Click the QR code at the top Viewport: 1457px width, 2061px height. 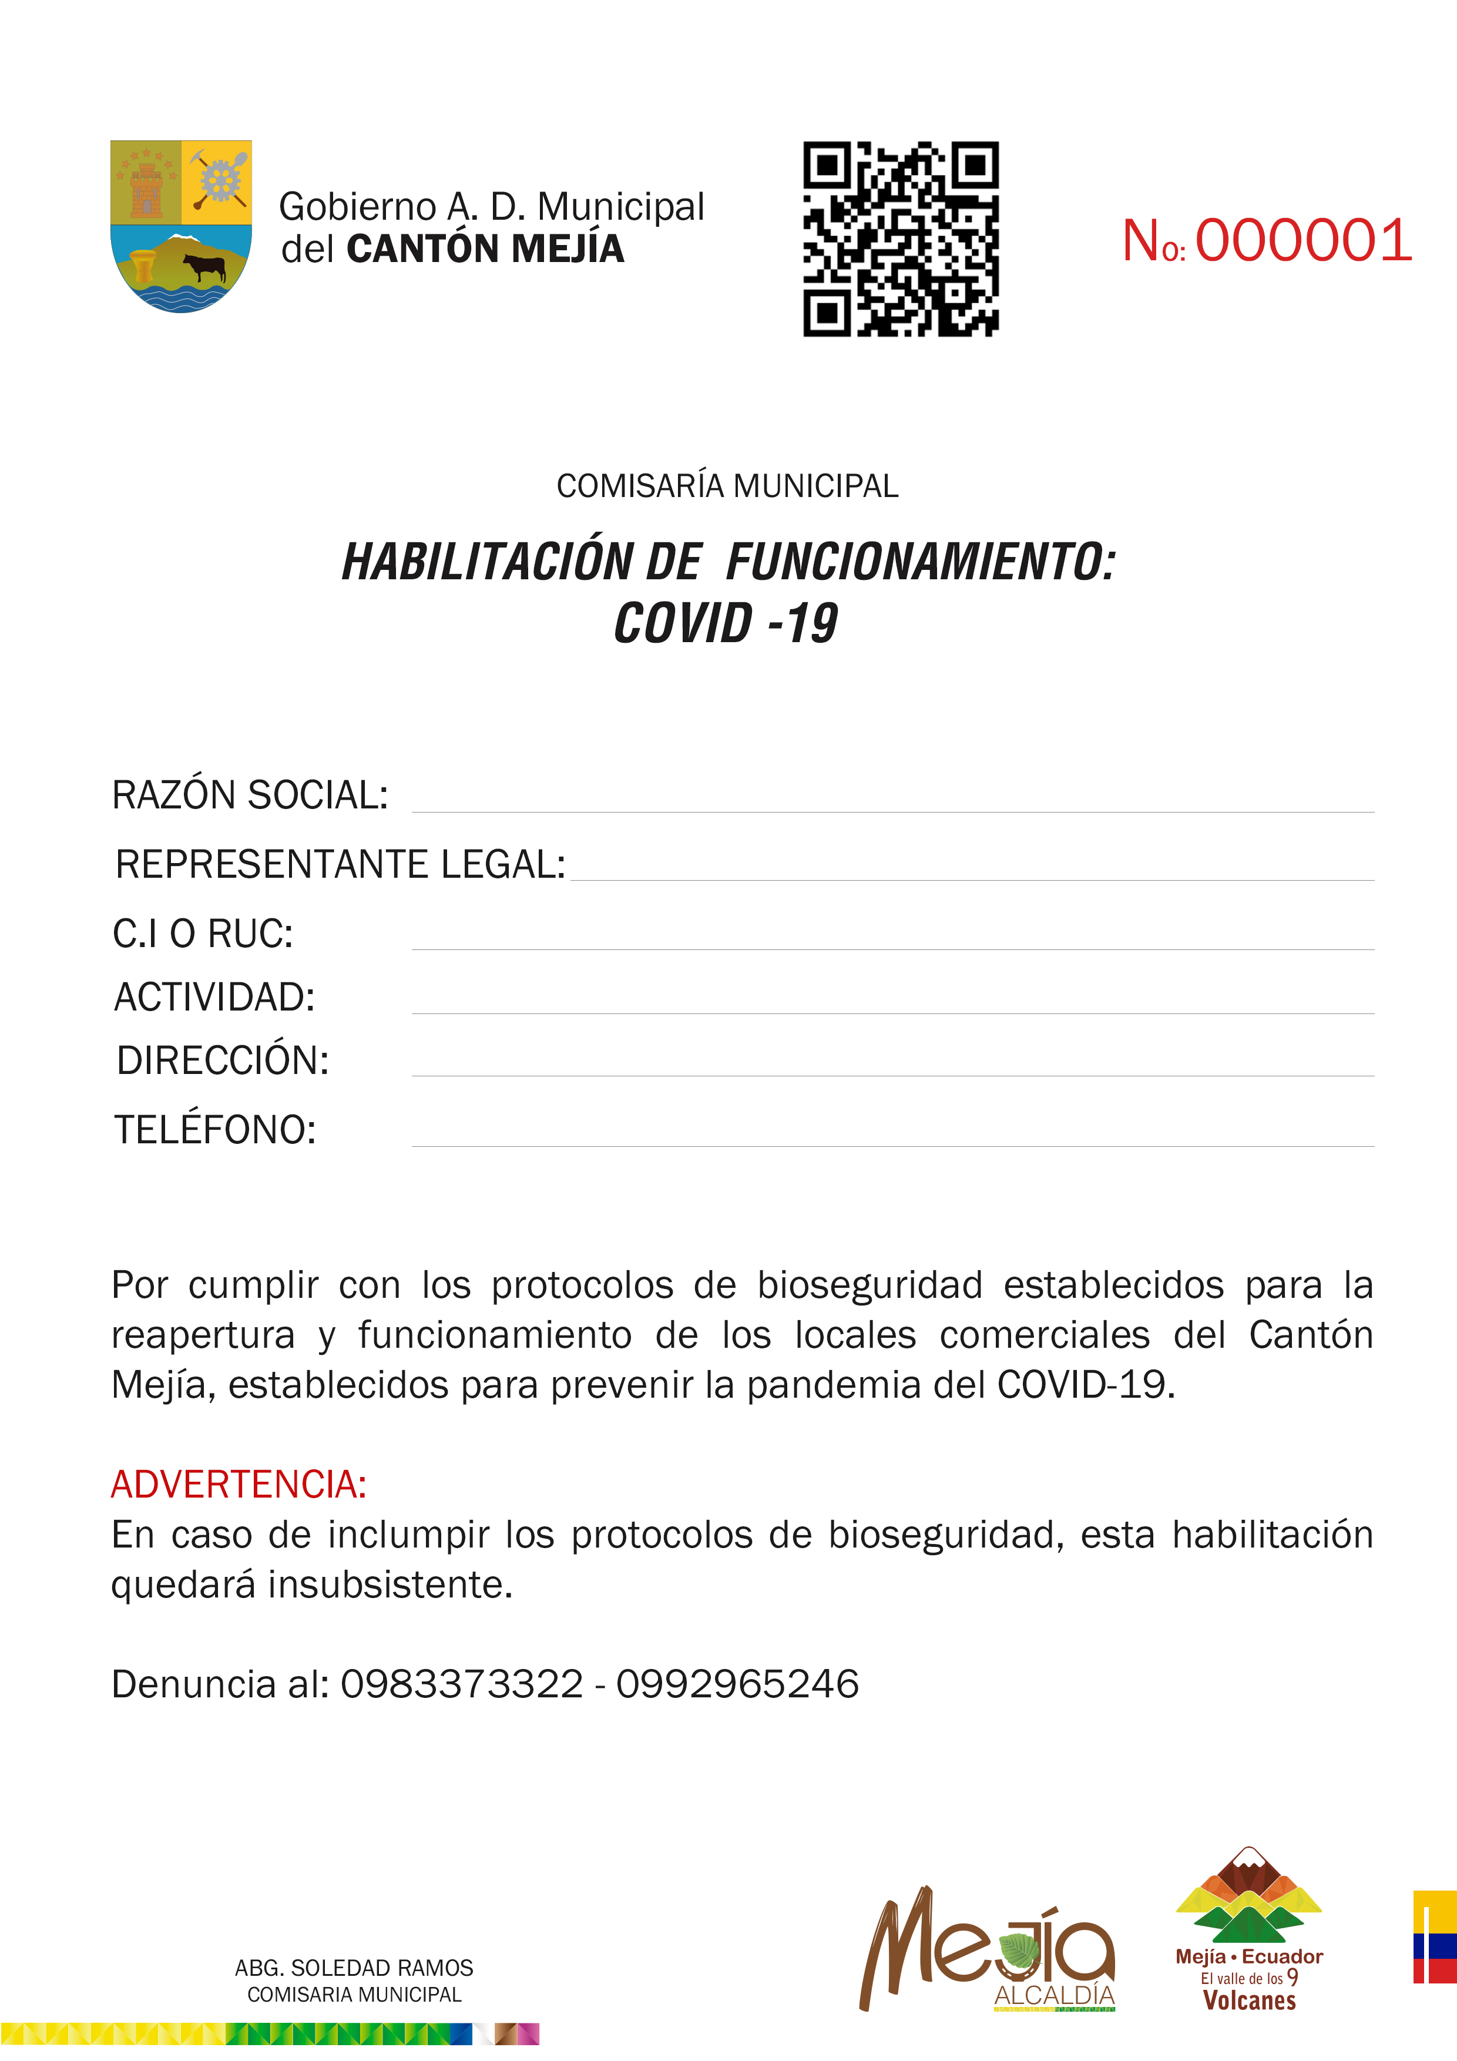(901, 239)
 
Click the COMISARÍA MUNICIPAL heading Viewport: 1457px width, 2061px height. (727, 486)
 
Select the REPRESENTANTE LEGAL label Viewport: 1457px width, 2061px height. (340, 864)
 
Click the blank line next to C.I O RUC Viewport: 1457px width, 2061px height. (892, 938)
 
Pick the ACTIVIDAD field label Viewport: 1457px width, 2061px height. (214, 997)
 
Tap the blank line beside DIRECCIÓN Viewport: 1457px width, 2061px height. (892, 1065)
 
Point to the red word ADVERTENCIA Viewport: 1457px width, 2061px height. (238, 1485)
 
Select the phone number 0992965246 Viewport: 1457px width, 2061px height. (737, 1684)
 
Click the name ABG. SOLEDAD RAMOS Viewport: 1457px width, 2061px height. (354, 1969)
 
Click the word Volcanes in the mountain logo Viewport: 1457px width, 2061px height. (1248, 2001)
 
